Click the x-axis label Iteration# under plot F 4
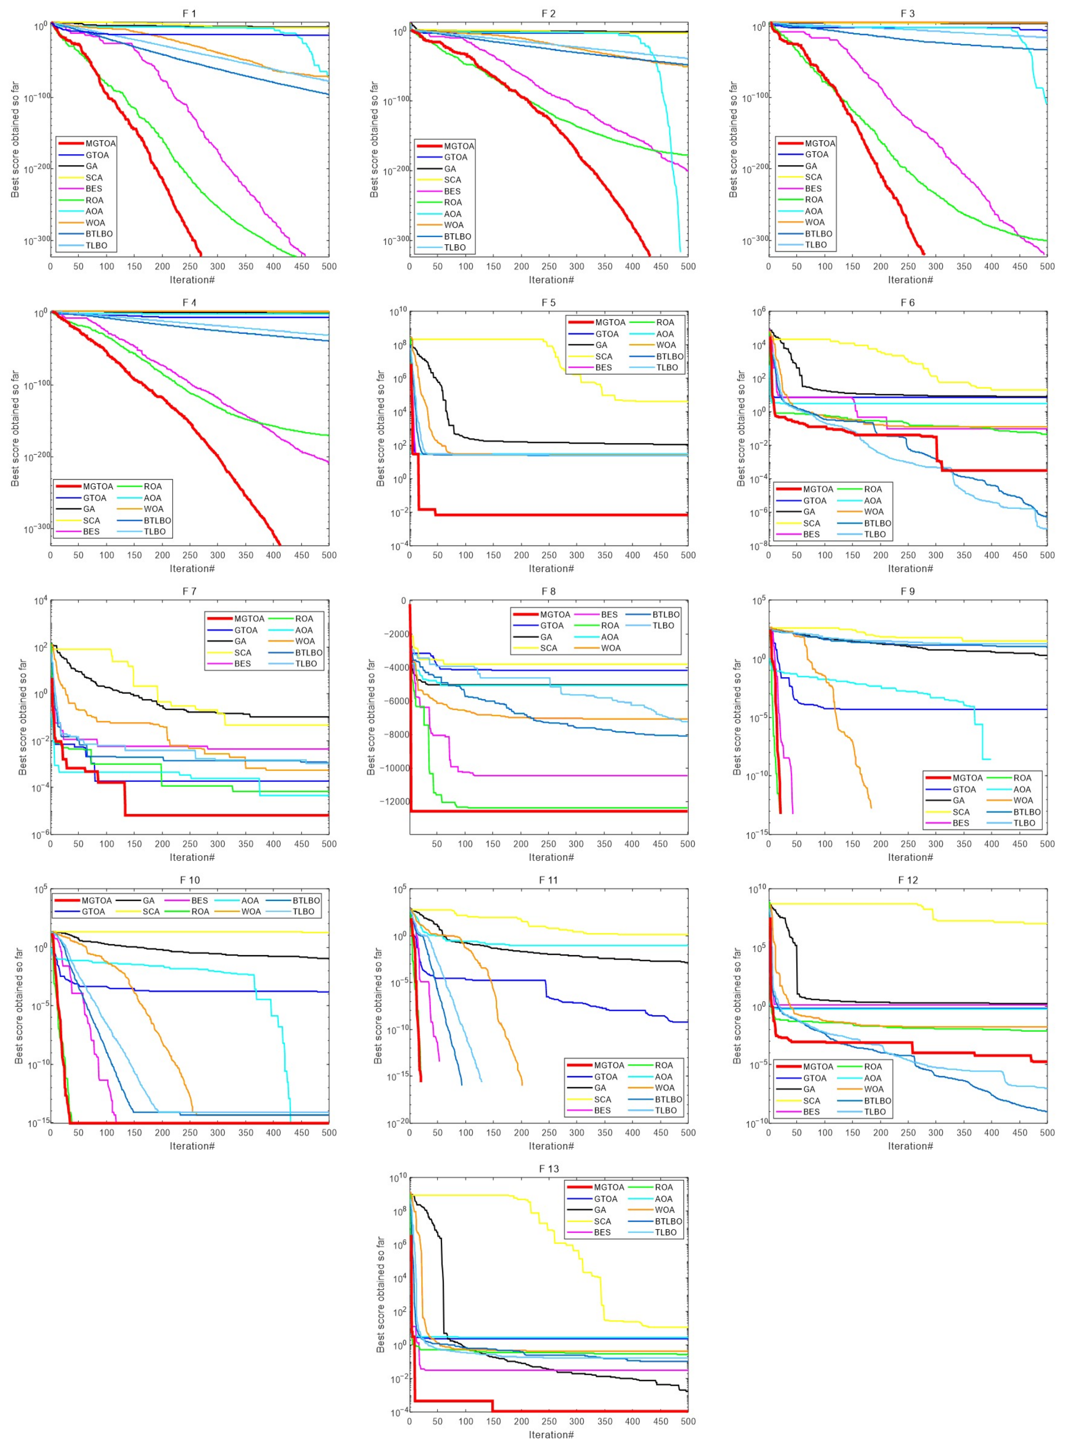(192, 568)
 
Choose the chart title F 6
(907, 302)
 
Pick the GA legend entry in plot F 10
(148, 900)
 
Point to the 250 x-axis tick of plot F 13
(549, 1421)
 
